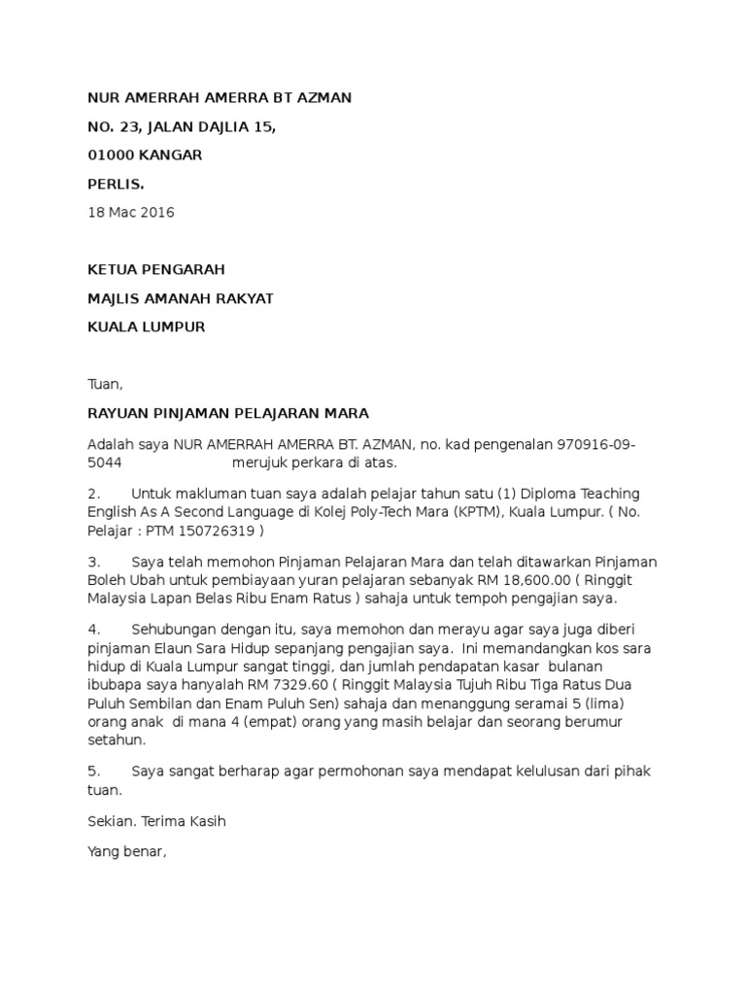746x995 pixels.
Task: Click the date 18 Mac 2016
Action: click(x=131, y=213)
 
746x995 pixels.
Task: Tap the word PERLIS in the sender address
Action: click(x=115, y=184)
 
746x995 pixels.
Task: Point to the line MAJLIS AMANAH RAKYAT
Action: click(x=181, y=298)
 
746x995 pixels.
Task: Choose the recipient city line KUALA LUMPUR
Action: click(x=147, y=326)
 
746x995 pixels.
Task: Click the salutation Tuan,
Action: click(x=106, y=384)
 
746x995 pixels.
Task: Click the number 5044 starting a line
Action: click(x=105, y=463)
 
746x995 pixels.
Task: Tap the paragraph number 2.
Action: click(x=94, y=495)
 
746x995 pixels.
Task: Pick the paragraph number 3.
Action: click(x=94, y=563)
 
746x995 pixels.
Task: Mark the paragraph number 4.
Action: click(x=94, y=630)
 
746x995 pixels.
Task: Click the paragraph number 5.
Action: click(x=94, y=771)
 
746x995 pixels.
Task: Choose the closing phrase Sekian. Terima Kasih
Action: click(x=156, y=822)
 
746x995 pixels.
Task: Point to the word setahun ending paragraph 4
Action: click(x=116, y=739)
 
